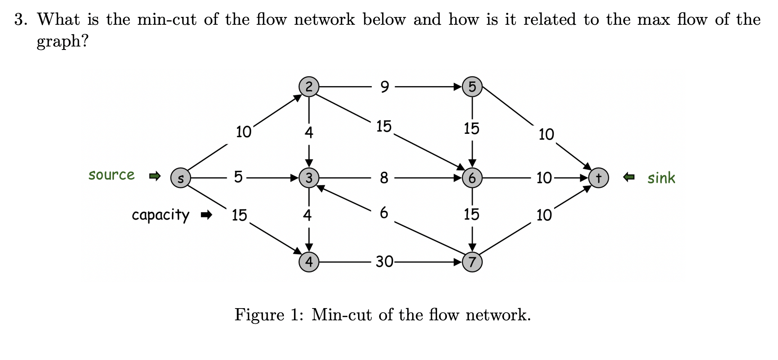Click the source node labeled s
[x=180, y=178]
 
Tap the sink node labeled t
[x=598, y=178]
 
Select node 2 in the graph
[x=309, y=87]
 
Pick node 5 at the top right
[x=472, y=87]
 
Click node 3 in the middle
[x=309, y=178]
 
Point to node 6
[x=472, y=178]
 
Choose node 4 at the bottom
[x=309, y=262]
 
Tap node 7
[x=472, y=262]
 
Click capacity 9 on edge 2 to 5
[x=384, y=87]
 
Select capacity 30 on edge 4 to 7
[x=384, y=262]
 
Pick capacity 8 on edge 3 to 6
[x=384, y=178]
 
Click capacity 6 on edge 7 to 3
[x=384, y=213]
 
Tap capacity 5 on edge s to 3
[x=238, y=177]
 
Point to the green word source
[x=111, y=175]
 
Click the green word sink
[x=661, y=178]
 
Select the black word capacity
[x=160, y=215]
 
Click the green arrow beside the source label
[x=155, y=176]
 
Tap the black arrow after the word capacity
[x=206, y=215]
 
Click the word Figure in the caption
[x=259, y=315]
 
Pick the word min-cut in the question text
[x=167, y=19]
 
